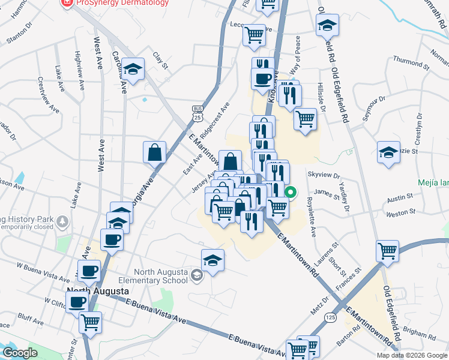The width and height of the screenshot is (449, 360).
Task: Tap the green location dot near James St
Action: point(291,193)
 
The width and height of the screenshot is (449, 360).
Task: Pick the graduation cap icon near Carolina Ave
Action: point(132,68)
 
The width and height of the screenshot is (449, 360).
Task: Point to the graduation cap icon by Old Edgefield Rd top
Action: point(327,25)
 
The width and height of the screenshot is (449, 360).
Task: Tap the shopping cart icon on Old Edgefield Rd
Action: point(388,250)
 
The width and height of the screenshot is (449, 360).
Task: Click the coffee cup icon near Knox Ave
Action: point(262,80)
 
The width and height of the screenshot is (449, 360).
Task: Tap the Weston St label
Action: point(401,212)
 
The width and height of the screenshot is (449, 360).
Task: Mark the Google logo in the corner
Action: point(20,353)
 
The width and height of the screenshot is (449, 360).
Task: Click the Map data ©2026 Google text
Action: point(411,355)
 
